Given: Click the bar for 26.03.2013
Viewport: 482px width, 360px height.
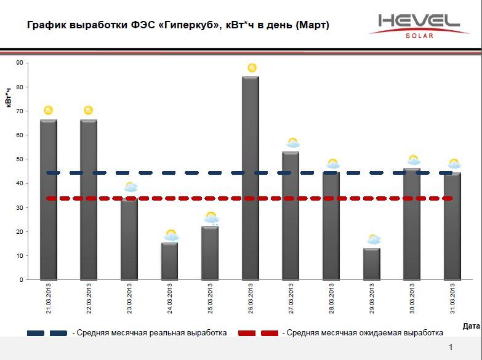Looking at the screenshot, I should point(251,178).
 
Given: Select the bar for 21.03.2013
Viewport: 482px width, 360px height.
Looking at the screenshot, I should point(49,200).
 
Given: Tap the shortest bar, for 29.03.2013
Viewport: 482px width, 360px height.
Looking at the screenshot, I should point(371,264).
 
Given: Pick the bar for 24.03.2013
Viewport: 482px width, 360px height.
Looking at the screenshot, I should point(170,261).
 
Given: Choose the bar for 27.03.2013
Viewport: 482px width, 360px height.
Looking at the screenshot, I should point(291,215).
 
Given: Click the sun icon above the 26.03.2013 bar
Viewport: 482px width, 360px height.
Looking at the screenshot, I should point(251,68).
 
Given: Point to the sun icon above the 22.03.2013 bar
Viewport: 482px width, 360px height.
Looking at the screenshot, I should point(88,110).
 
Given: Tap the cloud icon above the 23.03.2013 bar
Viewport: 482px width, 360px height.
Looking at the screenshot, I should point(131,187).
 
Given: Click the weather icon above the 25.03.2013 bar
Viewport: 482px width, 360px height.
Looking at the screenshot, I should point(211,217).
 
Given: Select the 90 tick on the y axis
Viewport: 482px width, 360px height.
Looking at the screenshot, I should point(20,63).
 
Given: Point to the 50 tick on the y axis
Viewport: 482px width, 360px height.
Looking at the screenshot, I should point(20,159).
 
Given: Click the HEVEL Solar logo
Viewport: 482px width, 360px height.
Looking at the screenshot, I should point(419,25).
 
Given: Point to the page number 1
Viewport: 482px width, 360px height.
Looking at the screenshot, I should point(451,348).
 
